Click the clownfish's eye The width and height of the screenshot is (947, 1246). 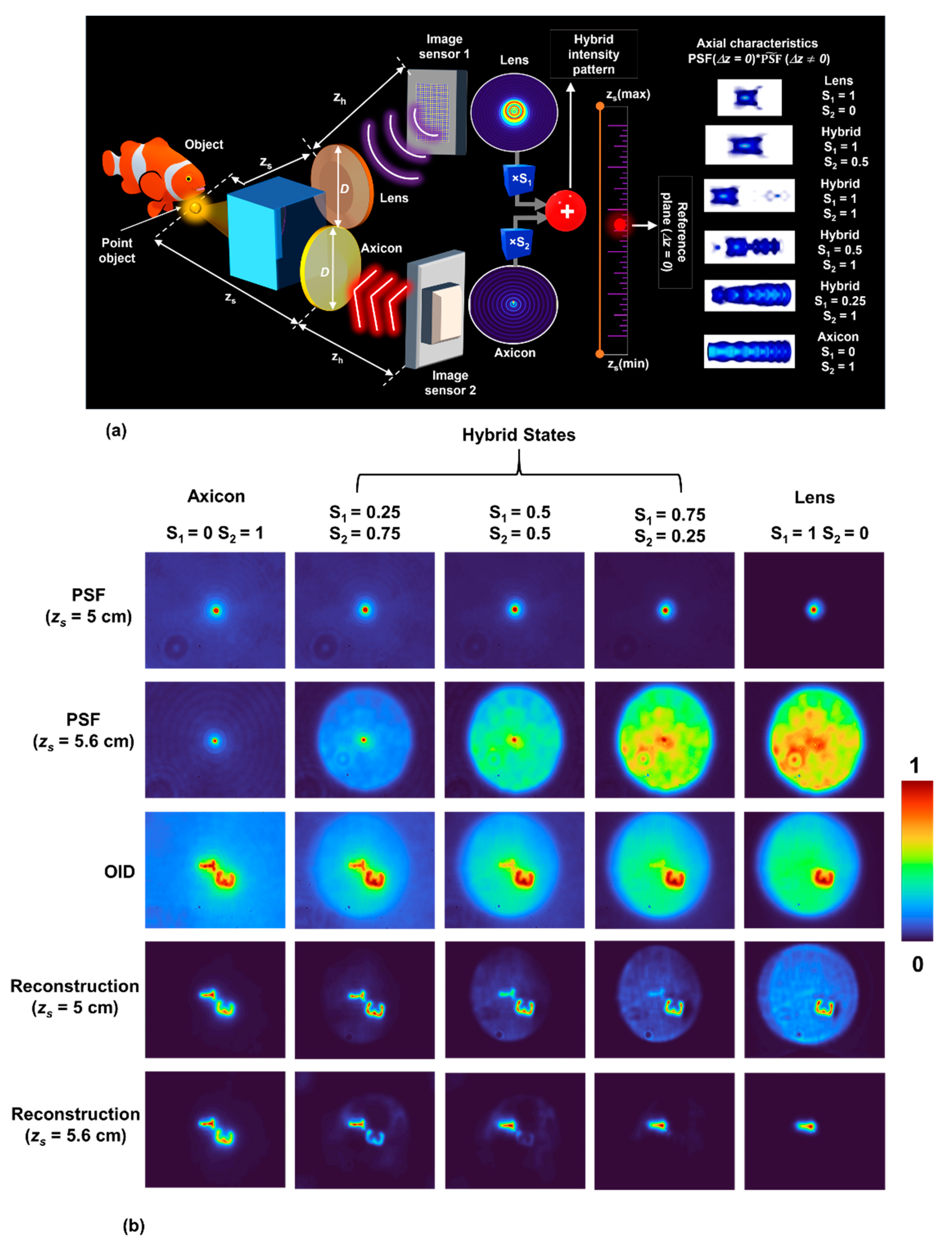pyautogui.click(x=188, y=179)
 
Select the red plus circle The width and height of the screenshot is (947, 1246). pyautogui.click(x=566, y=211)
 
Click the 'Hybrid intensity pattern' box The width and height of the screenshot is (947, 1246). pyautogui.click(x=594, y=54)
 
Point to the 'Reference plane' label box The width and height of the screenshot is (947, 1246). pyautogui.click(x=675, y=232)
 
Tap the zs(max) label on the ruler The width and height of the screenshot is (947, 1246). pyautogui.click(x=628, y=94)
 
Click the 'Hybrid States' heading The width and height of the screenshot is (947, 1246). pyautogui.click(x=519, y=435)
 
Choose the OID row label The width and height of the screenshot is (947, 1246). pyautogui.click(x=120, y=872)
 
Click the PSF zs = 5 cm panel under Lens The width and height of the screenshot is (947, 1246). pyautogui.click(x=814, y=610)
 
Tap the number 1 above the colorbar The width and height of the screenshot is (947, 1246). pyautogui.click(x=914, y=766)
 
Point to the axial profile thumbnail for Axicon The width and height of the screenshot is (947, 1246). pyautogui.click(x=749, y=351)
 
